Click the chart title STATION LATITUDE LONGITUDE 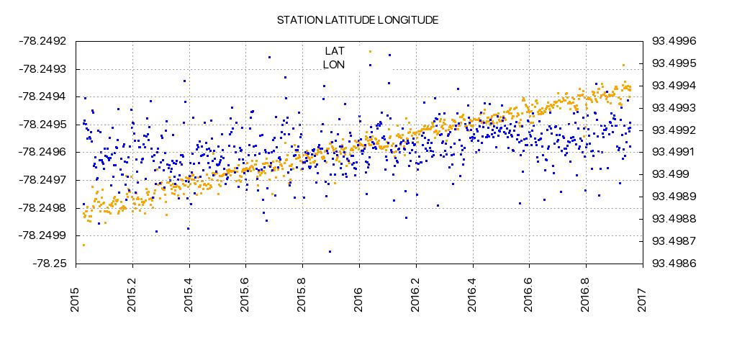[358, 19]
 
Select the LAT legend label [335, 51]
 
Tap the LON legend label [334, 65]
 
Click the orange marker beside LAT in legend [370, 51]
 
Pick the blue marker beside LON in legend [370, 65]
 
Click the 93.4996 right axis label [673, 41]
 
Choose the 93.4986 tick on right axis [673, 264]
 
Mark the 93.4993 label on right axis [673, 108]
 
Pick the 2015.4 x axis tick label [189, 294]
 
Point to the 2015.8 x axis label [302, 294]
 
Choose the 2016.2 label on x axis [415, 294]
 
